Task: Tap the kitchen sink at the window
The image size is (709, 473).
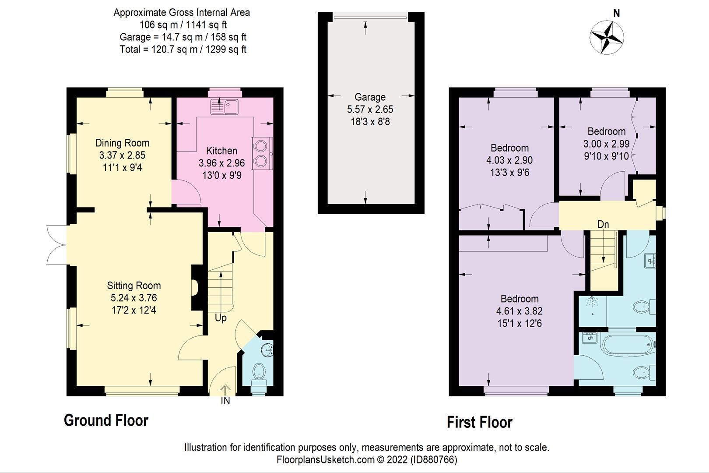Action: tap(224, 106)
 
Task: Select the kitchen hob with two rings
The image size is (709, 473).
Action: tap(262, 153)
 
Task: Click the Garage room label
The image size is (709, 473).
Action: tap(370, 97)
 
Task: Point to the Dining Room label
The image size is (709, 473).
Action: tap(122, 143)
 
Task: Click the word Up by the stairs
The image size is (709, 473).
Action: tap(221, 318)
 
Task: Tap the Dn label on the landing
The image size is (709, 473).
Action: tap(603, 224)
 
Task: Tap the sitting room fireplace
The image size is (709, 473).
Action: tap(195, 288)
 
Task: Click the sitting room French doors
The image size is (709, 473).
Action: tap(57, 245)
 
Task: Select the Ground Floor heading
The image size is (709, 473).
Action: tap(106, 420)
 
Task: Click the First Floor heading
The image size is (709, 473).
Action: tap(479, 422)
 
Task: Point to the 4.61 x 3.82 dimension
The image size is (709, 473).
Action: tap(519, 311)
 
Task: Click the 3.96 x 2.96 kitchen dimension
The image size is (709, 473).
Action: tap(221, 163)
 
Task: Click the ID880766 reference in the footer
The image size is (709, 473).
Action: tap(433, 459)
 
